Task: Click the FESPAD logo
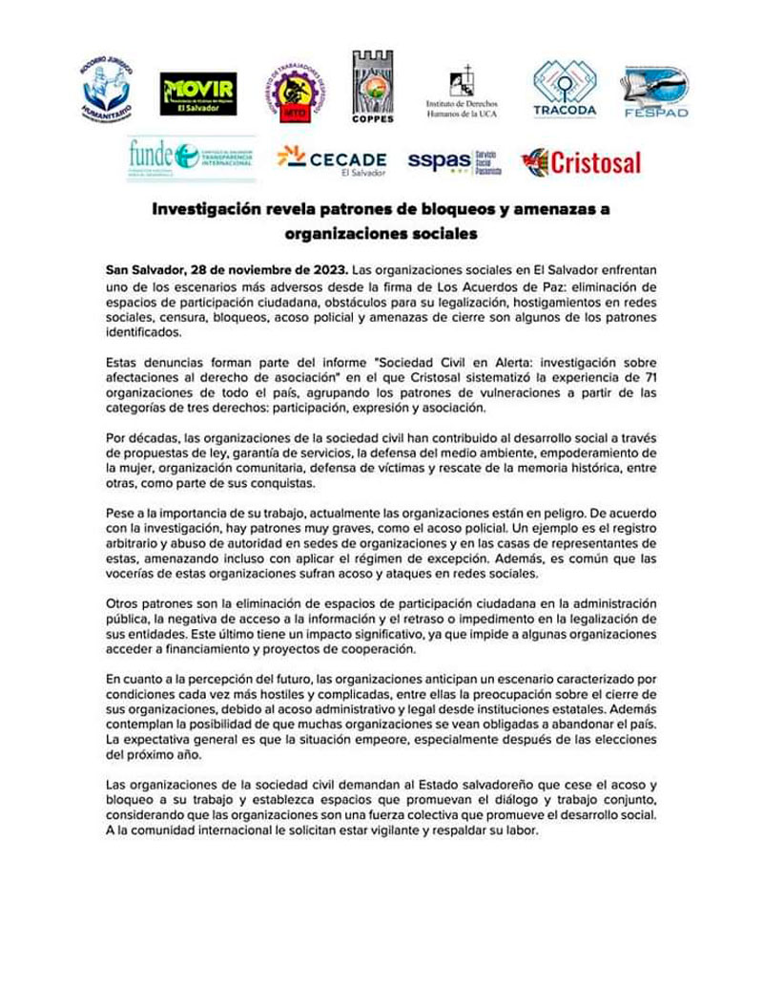point(655,93)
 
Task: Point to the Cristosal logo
point(582,161)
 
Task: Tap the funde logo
point(192,158)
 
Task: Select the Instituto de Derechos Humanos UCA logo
point(462,93)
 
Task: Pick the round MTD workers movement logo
point(295,94)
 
